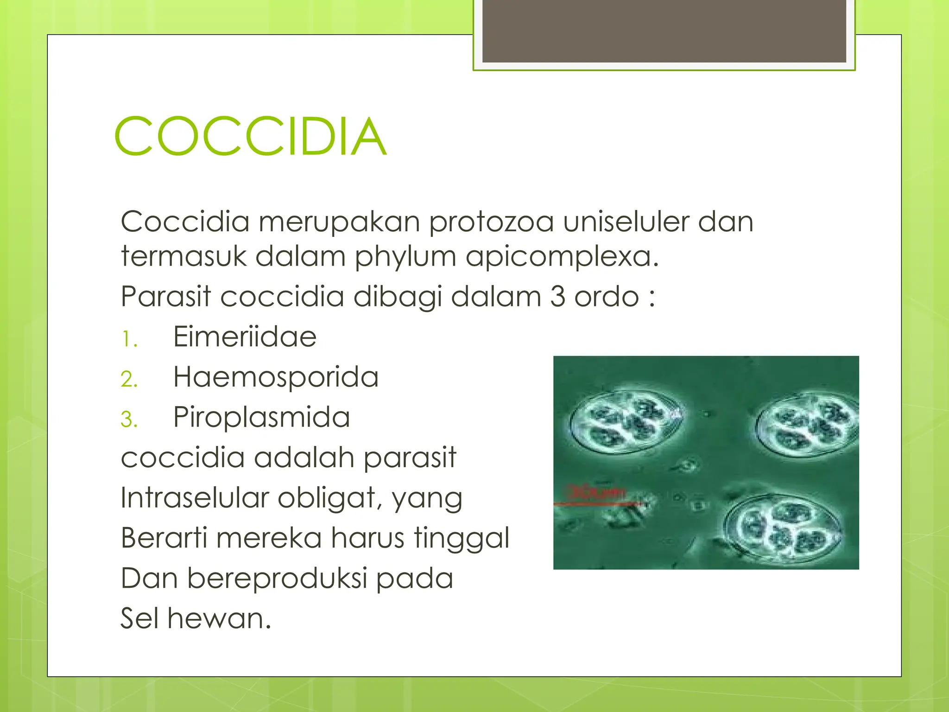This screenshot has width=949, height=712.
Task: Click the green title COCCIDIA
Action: (250, 137)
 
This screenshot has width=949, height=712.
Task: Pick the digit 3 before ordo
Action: (557, 297)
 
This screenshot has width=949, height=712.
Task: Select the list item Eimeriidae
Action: (245, 337)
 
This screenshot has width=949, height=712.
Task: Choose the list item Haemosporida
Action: (276, 377)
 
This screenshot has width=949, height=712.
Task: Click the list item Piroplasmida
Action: (261, 417)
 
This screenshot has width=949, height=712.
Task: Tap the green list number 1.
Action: (129, 339)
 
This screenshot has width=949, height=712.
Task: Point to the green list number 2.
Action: (129, 379)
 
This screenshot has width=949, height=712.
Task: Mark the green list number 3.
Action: (129, 420)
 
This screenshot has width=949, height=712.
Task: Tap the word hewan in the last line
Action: (219, 619)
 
